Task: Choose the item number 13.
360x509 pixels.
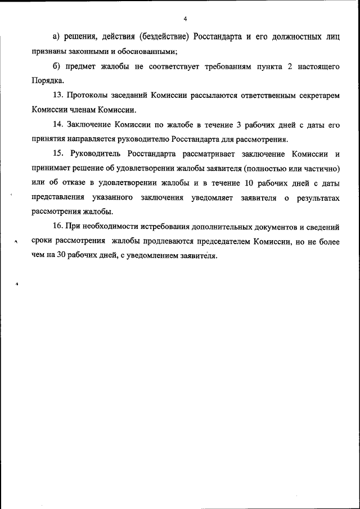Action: [x=58, y=96]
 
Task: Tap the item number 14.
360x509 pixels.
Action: [x=58, y=125]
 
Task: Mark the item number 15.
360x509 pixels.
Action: [x=58, y=154]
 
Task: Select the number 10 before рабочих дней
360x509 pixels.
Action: [x=250, y=183]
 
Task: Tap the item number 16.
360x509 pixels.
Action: [x=58, y=227]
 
